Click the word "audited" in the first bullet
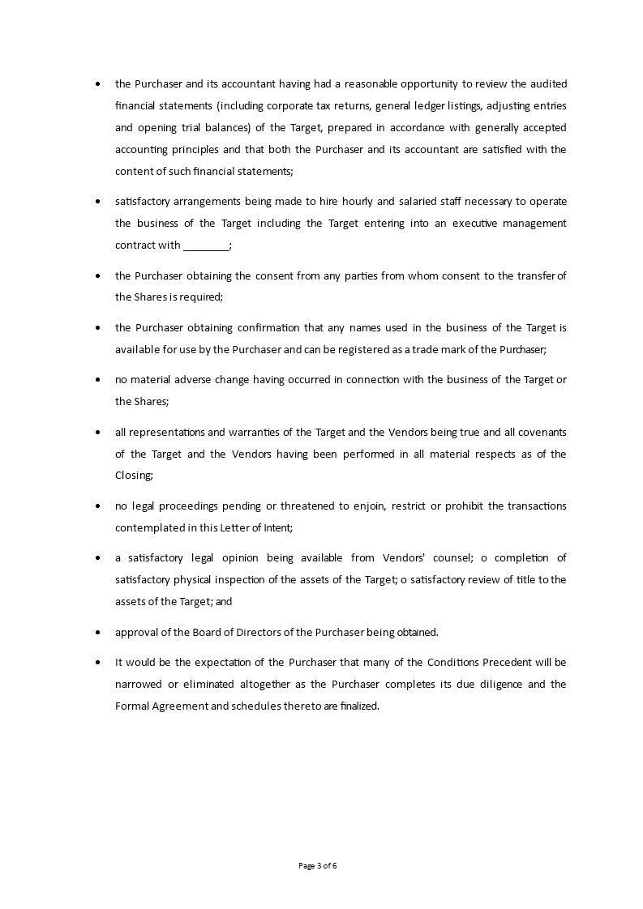[x=548, y=83]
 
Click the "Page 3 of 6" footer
[x=318, y=865]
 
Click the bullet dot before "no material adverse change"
[x=98, y=380]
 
